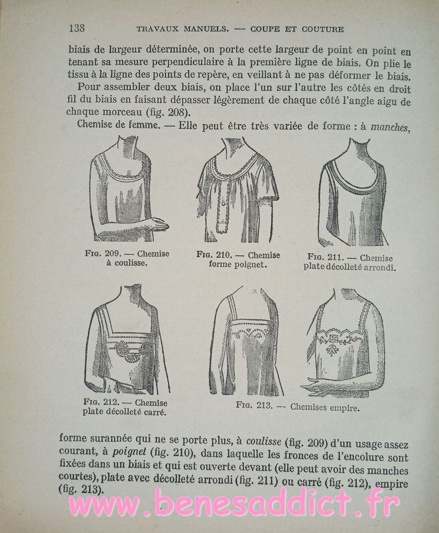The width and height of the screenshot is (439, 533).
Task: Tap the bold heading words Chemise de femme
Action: pos(114,127)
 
